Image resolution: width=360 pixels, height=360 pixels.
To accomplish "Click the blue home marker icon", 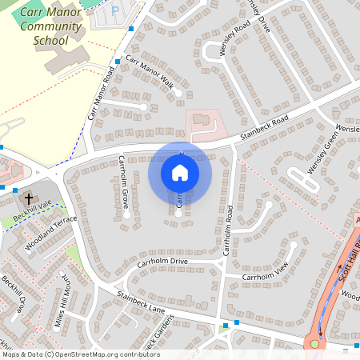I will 180,172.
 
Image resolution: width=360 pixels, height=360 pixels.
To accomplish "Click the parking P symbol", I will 114,12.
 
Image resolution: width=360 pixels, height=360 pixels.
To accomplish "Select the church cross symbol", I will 29,198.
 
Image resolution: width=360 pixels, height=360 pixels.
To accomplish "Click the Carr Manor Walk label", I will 149,76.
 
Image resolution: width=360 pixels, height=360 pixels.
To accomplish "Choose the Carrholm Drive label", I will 162,262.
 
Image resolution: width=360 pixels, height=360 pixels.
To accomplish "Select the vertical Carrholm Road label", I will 228,231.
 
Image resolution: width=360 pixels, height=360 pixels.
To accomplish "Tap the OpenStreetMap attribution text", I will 80,354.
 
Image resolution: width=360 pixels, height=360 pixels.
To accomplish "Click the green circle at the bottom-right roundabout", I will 314,344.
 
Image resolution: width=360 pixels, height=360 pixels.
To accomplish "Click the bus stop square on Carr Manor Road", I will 118,62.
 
